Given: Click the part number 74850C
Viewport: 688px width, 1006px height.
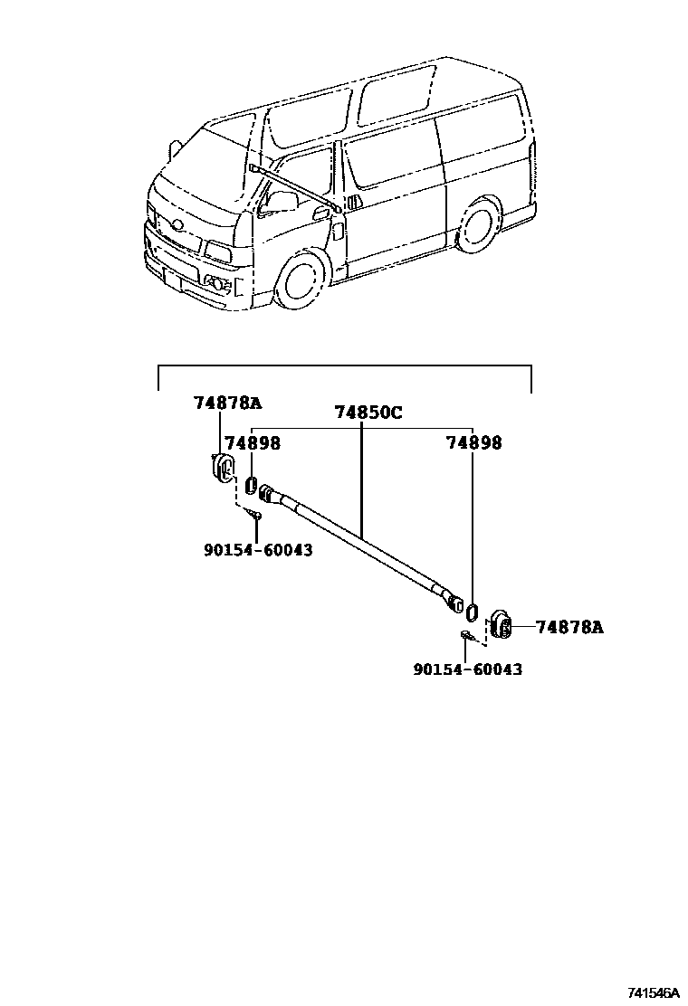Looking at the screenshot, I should click(368, 413).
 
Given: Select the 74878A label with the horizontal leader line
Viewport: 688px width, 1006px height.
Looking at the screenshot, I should click(569, 626).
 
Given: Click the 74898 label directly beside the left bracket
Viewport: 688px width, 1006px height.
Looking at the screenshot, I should click(252, 442).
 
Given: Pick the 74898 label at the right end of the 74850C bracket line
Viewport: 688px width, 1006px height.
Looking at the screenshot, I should click(473, 442).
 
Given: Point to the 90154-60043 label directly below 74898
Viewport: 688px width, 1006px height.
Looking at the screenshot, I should click(258, 549).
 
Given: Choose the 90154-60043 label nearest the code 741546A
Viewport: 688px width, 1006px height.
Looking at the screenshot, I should click(467, 669).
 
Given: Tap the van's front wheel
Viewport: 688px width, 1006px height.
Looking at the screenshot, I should click(299, 280).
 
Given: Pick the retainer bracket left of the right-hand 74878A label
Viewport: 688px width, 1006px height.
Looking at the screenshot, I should click(501, 623).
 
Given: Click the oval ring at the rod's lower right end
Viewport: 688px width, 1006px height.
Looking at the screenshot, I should click(473, 605).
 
